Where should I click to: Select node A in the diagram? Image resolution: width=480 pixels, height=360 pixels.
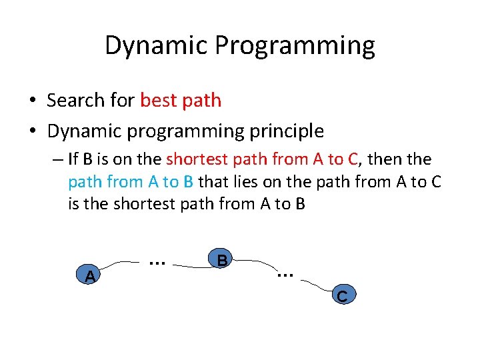pyautogui.click(x=89, y=275)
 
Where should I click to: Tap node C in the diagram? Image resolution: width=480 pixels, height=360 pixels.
pyautogui.click(x=341, y=295)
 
